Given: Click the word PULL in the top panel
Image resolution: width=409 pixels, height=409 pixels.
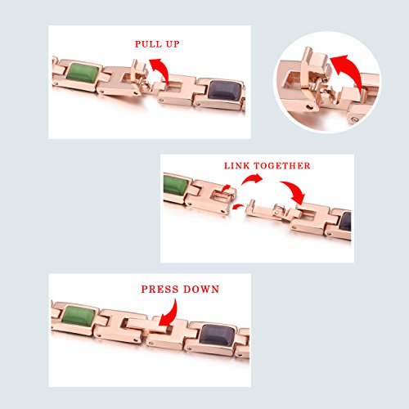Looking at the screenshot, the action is pyautogui.click(x=147, y=44).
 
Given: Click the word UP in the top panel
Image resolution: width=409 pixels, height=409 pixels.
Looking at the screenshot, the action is pyautogui.click(x=173, y=44).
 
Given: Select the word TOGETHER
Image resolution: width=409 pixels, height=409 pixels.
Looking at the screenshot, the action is pyautogui.click(x=282, y=165).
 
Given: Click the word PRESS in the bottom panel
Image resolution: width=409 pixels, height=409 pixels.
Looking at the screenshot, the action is pyautogui.click(x=160, y=289).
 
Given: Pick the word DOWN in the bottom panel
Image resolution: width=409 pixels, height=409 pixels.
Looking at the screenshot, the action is pyautogui.click(x=201, y=289).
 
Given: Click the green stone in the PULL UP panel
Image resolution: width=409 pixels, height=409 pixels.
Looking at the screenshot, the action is pyautogui.click(x=83, y=73).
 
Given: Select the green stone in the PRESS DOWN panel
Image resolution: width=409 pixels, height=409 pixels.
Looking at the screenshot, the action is pyautogui.click(x=79, y=316).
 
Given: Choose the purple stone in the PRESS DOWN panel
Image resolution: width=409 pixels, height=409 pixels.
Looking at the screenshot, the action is pyautogui.click(x=218, y=335).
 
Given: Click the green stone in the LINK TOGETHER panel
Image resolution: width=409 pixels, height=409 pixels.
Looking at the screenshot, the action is pyautogui.click(x=176, y=186).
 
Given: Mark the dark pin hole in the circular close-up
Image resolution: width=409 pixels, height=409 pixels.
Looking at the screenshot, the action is pyautogui.click(x=308, y=106).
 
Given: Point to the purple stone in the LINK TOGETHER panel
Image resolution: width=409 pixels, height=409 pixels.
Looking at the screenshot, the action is pyautogui.click(x=344, y=222).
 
